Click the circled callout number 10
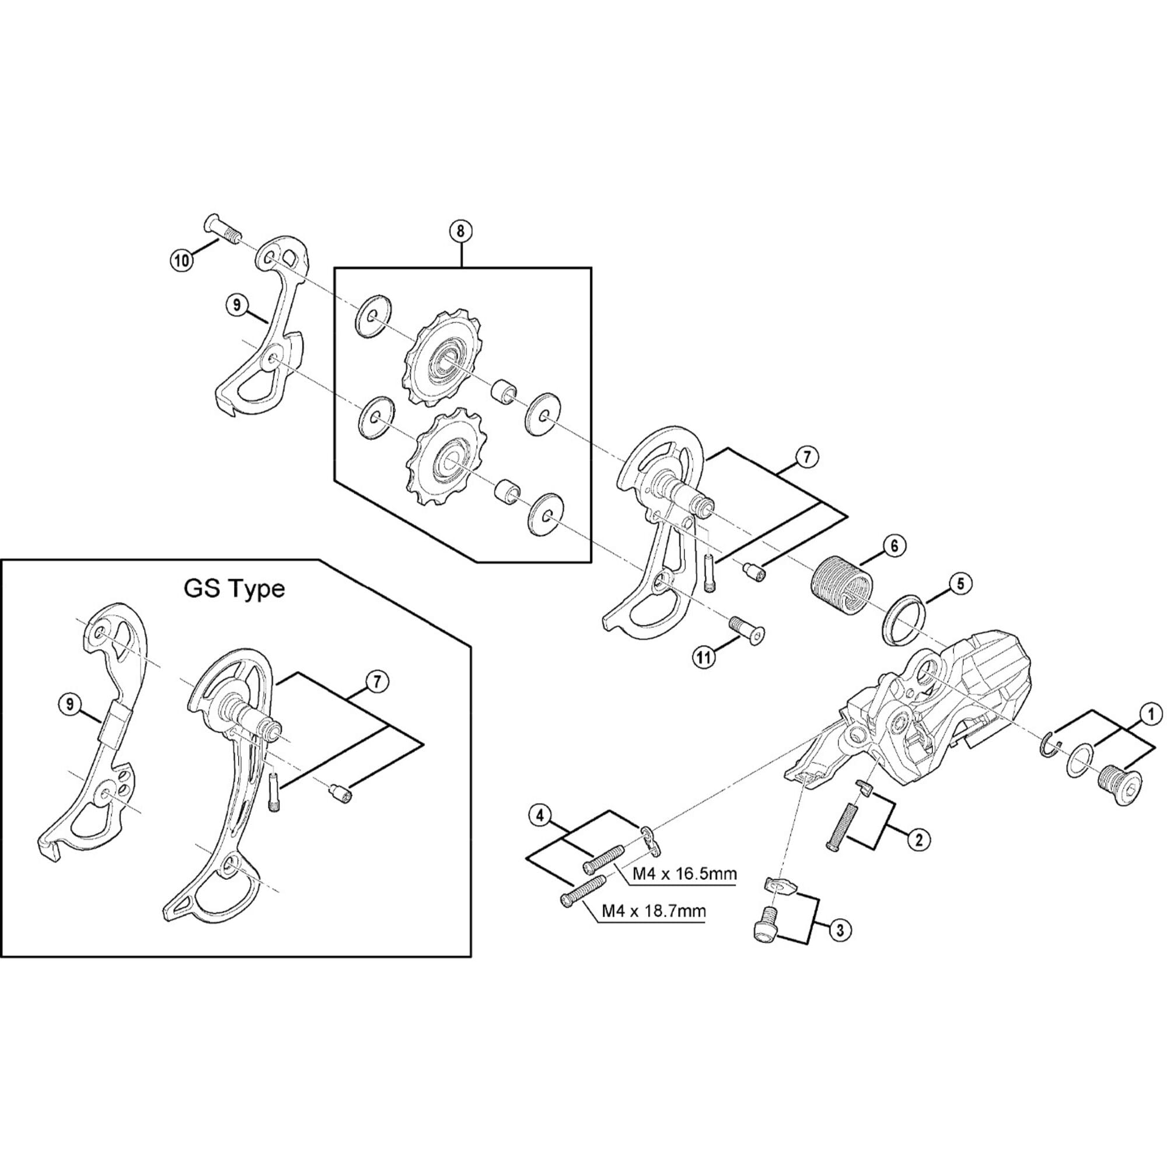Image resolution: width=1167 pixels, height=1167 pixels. [x=181, y=260]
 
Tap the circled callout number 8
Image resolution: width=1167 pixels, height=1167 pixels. [x=461, y=231]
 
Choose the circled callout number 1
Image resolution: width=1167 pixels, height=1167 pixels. [x=1151, y=714]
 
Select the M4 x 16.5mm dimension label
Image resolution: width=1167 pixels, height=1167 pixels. [x=684, y=874]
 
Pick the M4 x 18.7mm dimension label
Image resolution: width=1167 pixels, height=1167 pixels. [x=653, y=911]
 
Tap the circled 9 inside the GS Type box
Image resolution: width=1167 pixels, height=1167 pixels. [x=71, y=704]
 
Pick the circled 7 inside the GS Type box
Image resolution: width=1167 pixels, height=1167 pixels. [x=376, y=682]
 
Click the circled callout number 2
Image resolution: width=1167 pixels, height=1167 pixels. [x=918, y=839]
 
